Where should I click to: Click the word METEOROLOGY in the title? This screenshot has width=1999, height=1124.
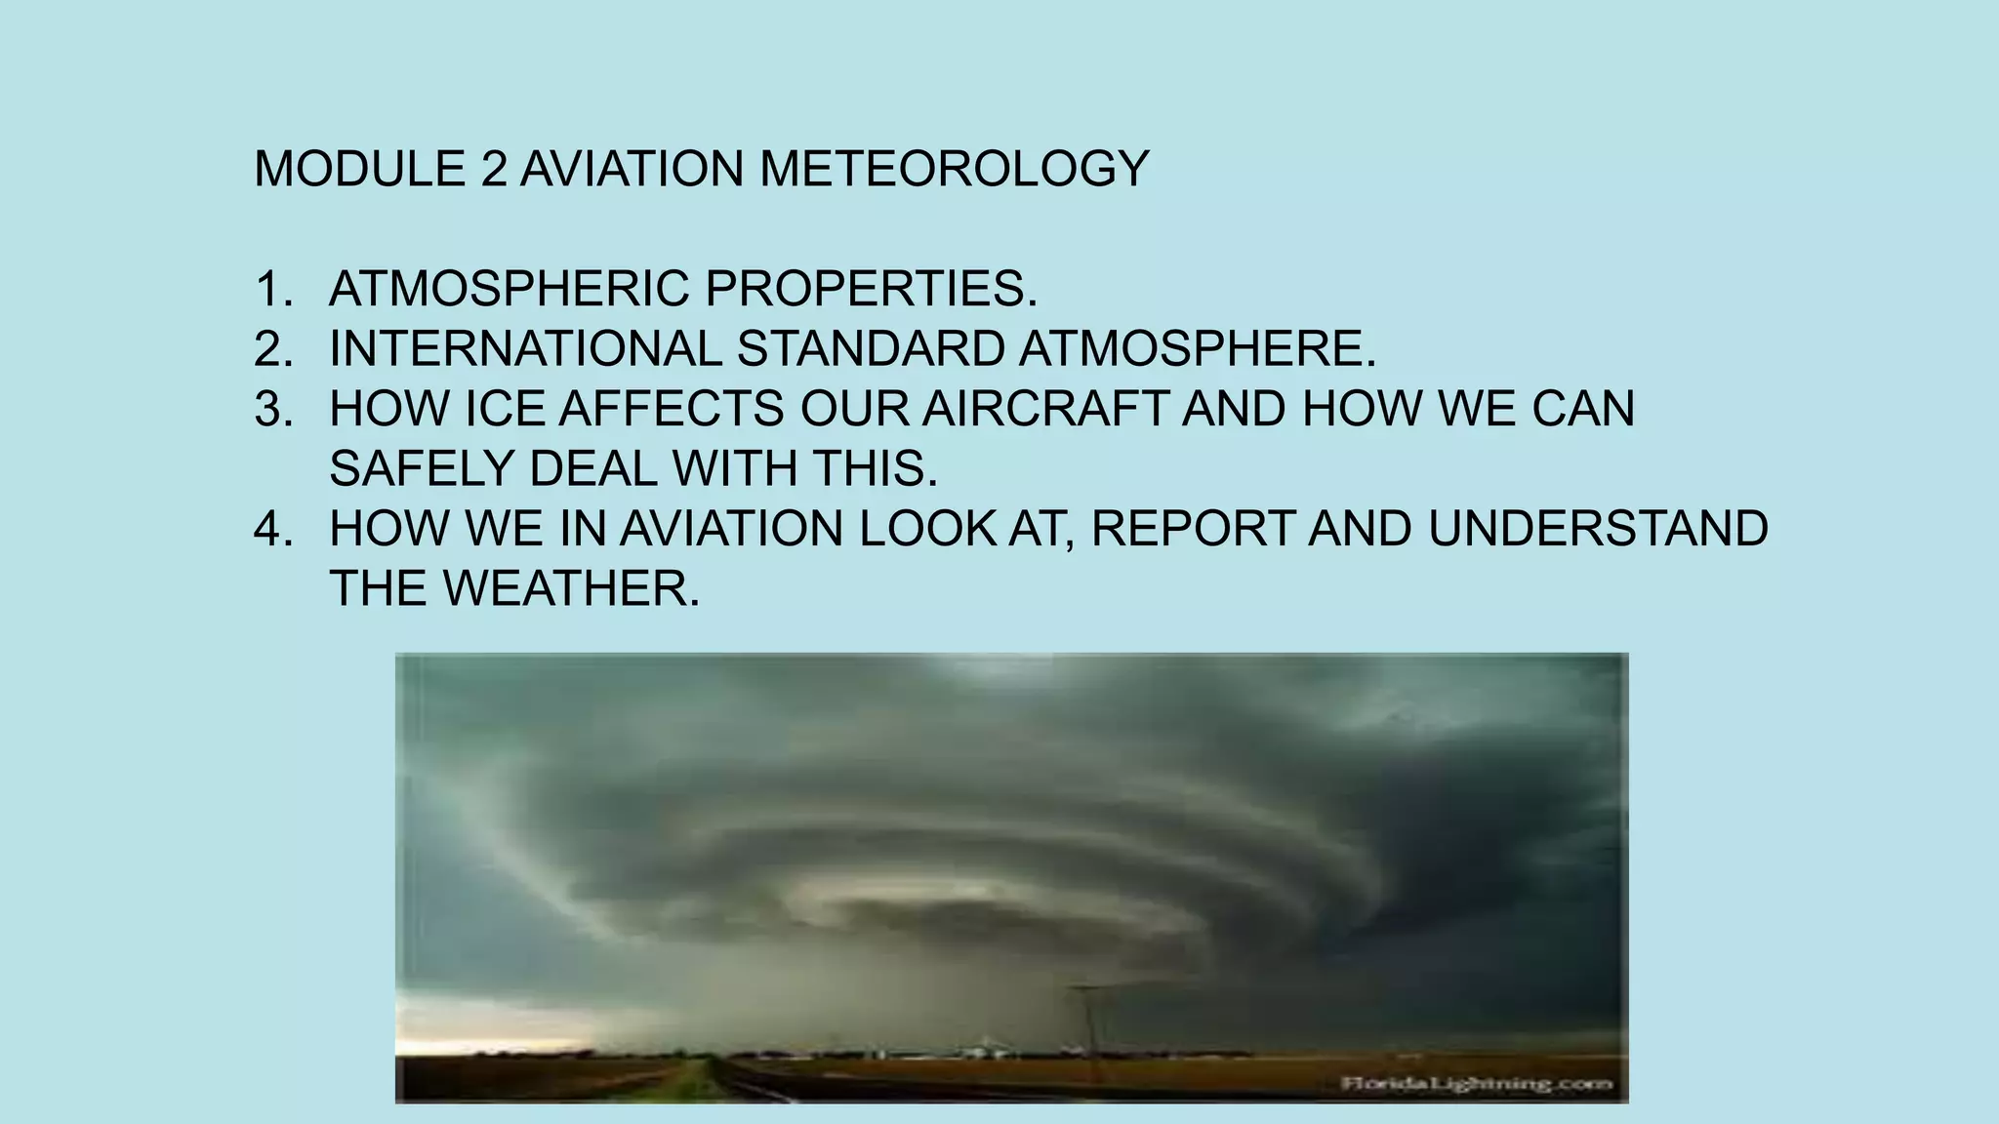[954, 169]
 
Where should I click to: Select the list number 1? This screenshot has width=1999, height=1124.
[272, 289]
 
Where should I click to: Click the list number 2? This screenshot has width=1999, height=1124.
[272, 349]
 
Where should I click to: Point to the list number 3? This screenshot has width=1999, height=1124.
[272, 409]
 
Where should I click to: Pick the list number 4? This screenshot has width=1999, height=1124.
[272, 529]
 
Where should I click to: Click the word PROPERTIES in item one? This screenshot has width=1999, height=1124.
[871, 289]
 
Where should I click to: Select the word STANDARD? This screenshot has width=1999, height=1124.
[871, 349]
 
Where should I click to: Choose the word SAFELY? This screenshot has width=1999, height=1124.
[422, 469]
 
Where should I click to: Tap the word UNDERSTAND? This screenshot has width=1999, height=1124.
[1598, 529]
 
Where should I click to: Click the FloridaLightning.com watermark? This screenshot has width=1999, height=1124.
[1476, 1083]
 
